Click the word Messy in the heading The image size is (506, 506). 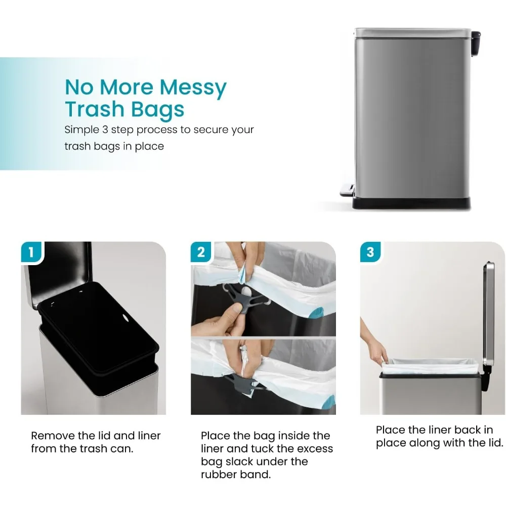193,88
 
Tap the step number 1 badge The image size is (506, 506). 31,251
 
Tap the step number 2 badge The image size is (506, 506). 201,251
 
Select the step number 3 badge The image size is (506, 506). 370,251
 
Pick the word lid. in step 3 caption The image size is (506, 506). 494,443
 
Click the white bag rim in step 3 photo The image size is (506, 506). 430,363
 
